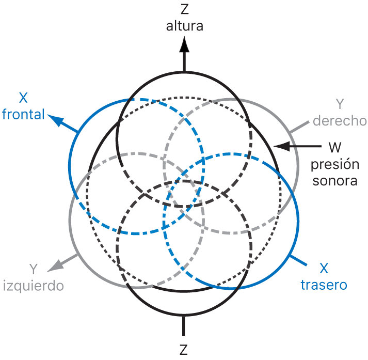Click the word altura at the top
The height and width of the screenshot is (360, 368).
184,26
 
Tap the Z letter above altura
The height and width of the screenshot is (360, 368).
184,10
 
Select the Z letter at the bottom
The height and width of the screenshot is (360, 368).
184,350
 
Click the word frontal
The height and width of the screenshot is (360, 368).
23,114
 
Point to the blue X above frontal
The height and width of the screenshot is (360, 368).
23,98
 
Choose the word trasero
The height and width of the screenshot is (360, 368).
324,285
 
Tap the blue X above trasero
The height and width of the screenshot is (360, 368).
324,269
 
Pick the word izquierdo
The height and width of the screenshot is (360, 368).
34,285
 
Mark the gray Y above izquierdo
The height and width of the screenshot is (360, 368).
34,269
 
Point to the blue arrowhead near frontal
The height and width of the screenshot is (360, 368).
54,120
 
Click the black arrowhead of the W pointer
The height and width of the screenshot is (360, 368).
279,147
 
